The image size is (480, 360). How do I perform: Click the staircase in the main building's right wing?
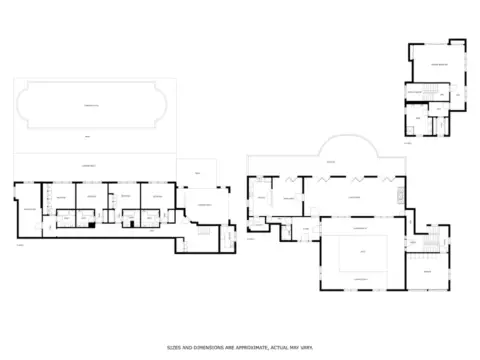click(x=431, y=243)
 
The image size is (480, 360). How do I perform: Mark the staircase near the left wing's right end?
click(x=200, y=231)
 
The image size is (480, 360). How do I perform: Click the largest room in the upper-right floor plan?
click(x=438, y=65)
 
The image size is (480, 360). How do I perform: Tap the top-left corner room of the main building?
click(x=260, y=196)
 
